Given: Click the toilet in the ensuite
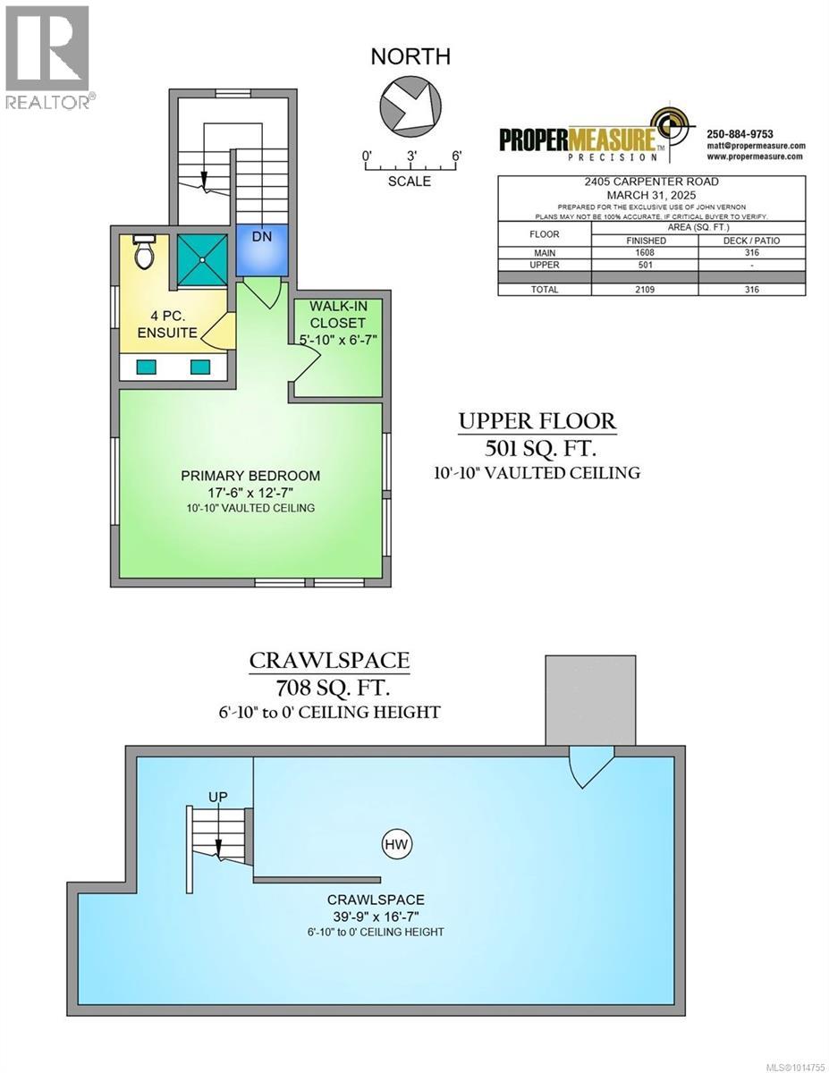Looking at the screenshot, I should coord(144,253).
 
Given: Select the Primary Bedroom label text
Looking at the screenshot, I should coord(250,476).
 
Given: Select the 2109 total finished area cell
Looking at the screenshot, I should coord(645,290).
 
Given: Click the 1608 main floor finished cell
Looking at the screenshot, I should coord(645,253).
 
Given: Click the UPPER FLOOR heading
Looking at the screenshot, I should coord(537,420).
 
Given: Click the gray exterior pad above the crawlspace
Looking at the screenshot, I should coord(591,700).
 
